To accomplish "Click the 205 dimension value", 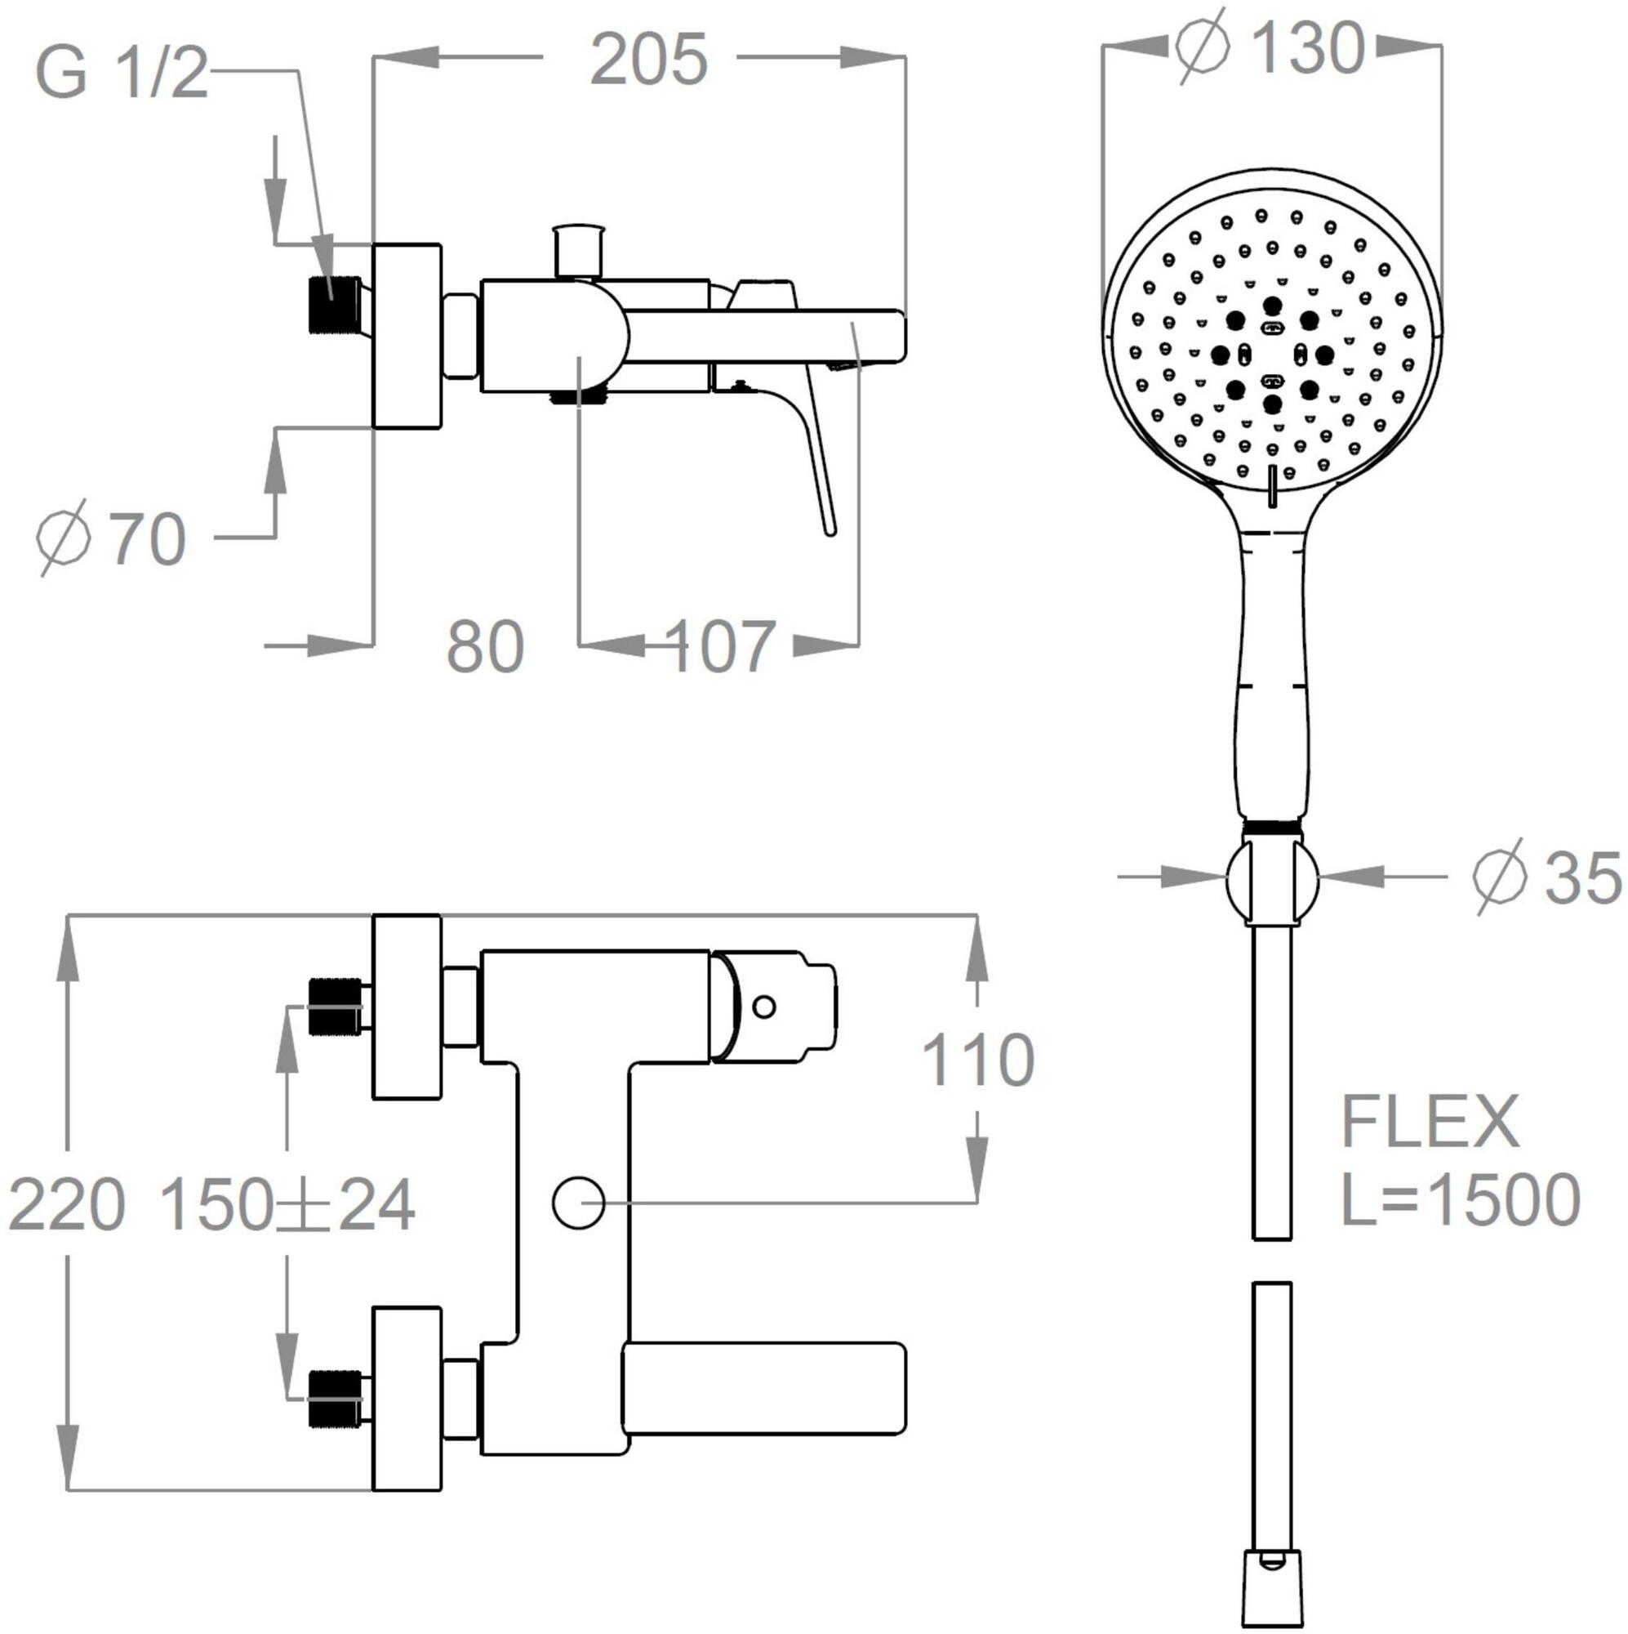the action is pos(648,59).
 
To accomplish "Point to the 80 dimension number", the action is pos(485,647).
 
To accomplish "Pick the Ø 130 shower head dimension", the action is pos(1270,47).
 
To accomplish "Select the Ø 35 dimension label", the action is pos(1546,877).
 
